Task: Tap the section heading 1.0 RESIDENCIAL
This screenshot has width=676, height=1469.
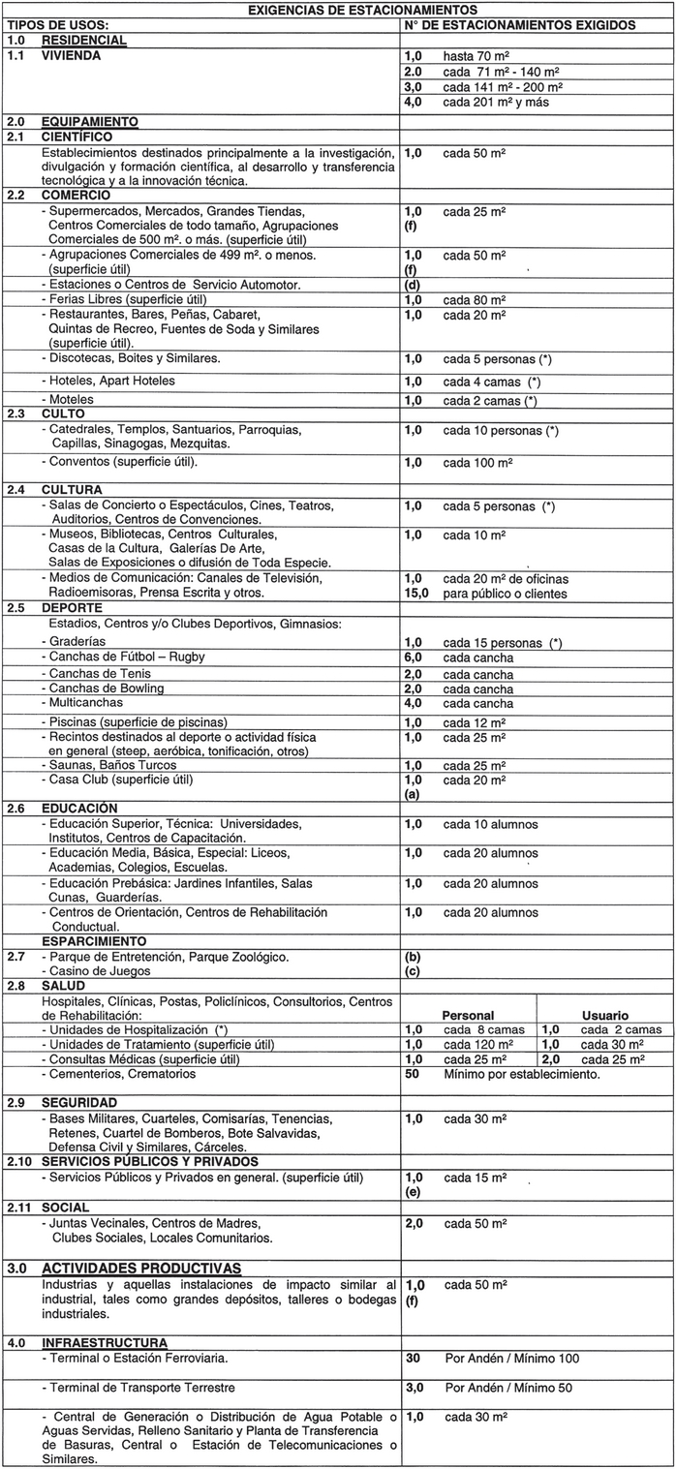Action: (67, 41)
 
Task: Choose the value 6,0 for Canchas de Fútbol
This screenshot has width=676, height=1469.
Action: (414, 658)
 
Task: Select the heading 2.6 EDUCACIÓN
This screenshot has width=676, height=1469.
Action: (78, 808)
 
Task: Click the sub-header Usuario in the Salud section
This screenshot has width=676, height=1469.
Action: (605, 1015)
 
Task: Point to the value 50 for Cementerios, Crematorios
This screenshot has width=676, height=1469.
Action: (412, 1074)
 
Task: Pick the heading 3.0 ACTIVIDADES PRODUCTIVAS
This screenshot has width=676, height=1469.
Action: (140, 1268)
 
